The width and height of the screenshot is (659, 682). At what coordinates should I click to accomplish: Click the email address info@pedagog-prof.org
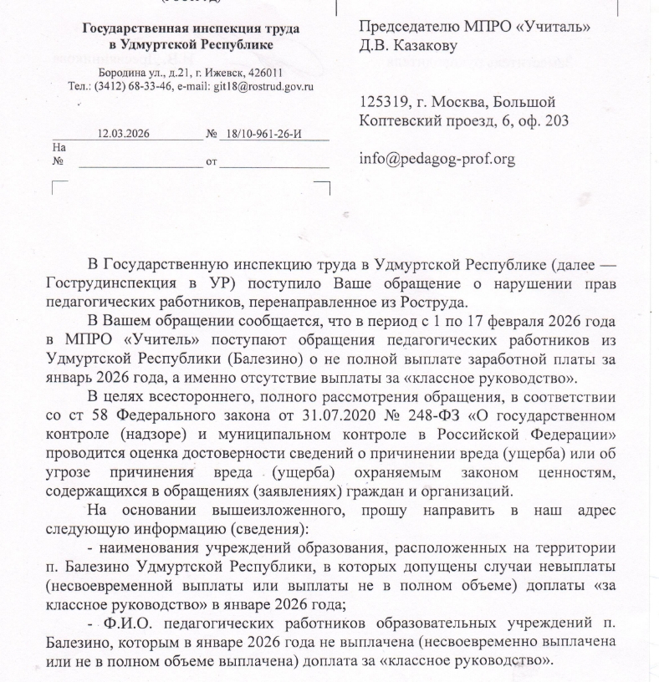(x=437, y=157)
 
